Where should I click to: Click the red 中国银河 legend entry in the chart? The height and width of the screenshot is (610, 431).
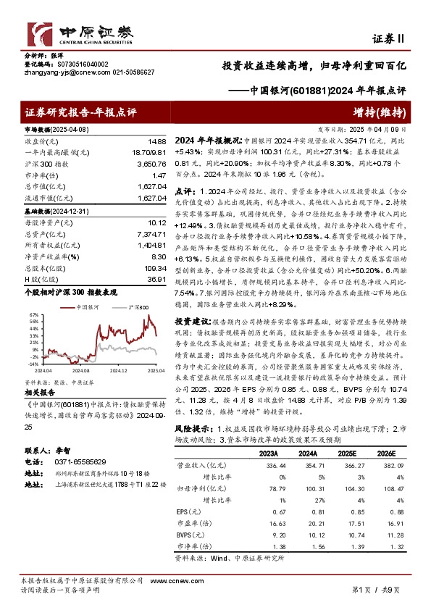point(86,308)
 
